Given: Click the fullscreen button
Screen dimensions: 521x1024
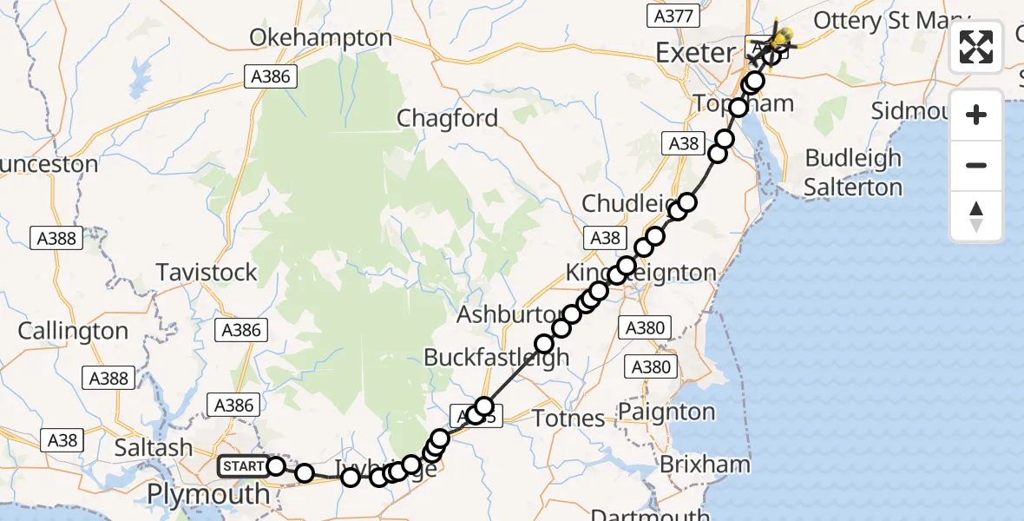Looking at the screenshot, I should (x=976, y=48).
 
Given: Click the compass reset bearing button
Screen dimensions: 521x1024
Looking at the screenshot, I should (x=976, y=216).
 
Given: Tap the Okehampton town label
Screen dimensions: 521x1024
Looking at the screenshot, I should (x=321, y=38).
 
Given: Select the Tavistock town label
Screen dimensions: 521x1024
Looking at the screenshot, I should (x=207, y=273).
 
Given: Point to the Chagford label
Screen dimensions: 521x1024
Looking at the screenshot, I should (x=448, y=118).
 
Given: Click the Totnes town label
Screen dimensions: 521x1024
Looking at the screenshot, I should (x=569, y=419).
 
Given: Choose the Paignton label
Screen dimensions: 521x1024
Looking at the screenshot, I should (x=668, y=411).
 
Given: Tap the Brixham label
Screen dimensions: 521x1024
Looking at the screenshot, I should (x=705, y=465).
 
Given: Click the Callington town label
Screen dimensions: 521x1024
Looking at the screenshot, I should (x=73, y=332).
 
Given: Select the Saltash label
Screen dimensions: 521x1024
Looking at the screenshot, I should (x=153, y=448).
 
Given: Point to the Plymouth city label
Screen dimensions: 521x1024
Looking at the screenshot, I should (x=208, y=494).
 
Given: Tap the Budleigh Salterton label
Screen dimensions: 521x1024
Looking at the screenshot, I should (x=853, y=173).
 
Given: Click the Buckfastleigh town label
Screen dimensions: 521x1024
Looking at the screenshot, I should (x=496, y=357).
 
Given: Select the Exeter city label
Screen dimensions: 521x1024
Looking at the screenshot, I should (x=694, y=53).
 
